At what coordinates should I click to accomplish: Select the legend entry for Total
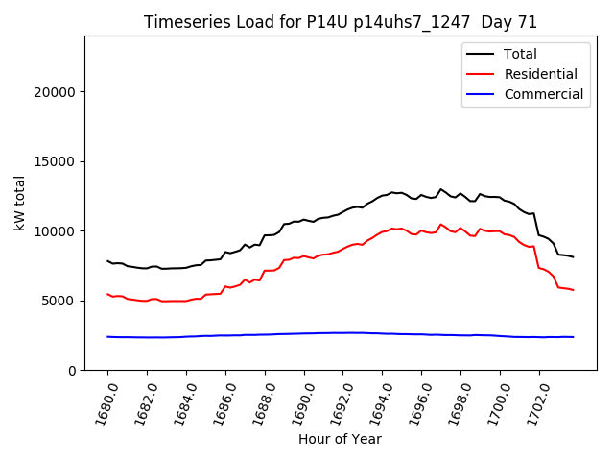[x=521, y=54]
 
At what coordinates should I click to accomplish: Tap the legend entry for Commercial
[x=543, y=94]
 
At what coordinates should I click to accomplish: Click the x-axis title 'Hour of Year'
[x=340, y=439]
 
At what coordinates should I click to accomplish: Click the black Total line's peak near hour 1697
[x=441, y=189]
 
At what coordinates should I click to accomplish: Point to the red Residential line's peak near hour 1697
[x=441, y=225]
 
